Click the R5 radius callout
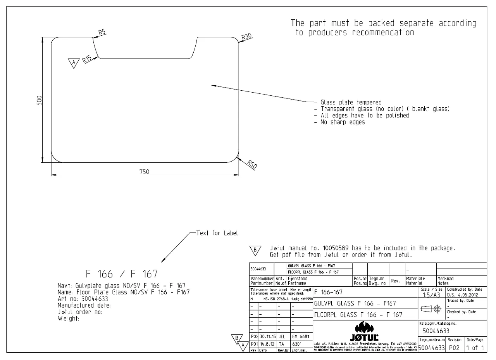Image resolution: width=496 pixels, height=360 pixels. (102, 33)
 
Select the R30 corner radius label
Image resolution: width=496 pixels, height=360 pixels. (246, 37)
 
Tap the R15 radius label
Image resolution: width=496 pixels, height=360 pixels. (86, 59)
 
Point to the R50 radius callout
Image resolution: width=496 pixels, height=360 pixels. (252, 165)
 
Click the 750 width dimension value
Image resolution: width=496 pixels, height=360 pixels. (144, 172)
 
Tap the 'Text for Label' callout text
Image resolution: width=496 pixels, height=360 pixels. (217, 233)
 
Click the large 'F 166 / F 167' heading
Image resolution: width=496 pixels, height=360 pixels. (122, 274)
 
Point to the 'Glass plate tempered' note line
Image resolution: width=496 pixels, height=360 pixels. (351, 102)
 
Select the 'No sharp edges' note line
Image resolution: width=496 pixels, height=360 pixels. (342, 122)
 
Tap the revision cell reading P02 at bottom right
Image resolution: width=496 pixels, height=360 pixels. (454, 348)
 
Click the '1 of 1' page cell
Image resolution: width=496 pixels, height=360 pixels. (475, 348)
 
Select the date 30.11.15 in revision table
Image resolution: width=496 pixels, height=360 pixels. (267, 336)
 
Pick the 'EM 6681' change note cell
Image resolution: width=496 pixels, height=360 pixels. (300, 336)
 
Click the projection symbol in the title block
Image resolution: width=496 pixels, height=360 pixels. (432, 309)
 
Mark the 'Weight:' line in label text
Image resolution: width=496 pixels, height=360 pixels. (69, 319)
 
